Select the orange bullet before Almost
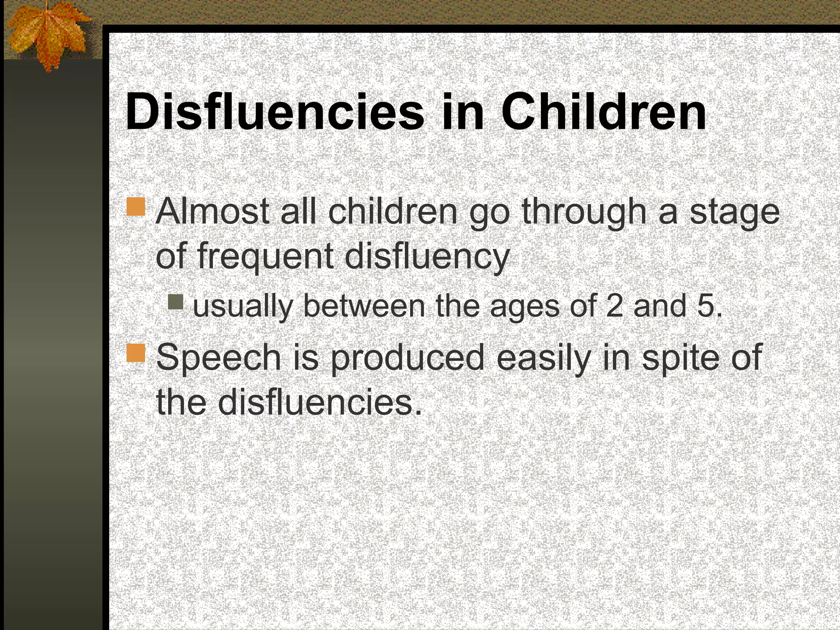pyautogui.click(x=136, y=207)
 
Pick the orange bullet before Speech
pyautogui.click(x=136, y=353)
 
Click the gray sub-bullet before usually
pyautogui.click(x=176, y=302)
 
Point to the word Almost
pyautogui.click(x=212, y=212)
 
